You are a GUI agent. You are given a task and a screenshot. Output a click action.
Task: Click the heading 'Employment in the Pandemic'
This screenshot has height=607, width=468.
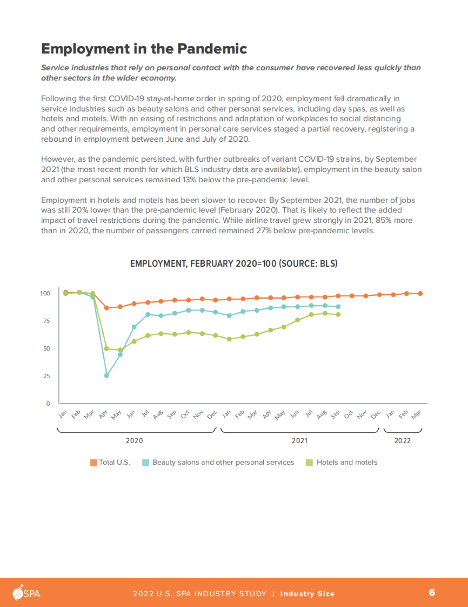pyautogui.click(x=144, y=49)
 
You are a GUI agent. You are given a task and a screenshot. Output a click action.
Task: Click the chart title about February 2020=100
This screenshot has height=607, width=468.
pyautogui.click(x=234, y=263)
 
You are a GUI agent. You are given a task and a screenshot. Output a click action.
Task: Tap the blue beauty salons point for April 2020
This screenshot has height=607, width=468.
pyautogui.click(x=106, y=376)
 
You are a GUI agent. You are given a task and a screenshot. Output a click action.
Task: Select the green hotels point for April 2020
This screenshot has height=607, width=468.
pyautogui.click(x=106, y=349)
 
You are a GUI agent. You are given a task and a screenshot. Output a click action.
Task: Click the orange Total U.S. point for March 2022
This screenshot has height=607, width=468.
pyautogui.click(x=420, y=294)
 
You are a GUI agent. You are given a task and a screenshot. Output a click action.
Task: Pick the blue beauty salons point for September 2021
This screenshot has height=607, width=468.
pyautogui.click(x=338, y=307)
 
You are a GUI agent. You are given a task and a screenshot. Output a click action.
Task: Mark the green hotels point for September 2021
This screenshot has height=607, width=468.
pyautogui.click(x=338, y=315)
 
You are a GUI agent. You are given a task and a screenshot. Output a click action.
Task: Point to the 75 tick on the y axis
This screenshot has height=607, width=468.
pyautogui.click(x=46, y=321)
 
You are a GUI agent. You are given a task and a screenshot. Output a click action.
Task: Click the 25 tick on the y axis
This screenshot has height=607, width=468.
pyautogui.click(x=46, y=376)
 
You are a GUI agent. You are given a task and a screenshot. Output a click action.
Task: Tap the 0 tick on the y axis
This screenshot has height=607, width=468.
pyautogui.click(x=48, y=404)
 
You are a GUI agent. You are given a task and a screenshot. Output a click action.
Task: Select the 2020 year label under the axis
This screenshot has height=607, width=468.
pyautogui.click(x=134, y=441)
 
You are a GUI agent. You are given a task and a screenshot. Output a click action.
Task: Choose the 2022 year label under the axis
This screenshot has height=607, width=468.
pyautogui.click(x=402, y=441)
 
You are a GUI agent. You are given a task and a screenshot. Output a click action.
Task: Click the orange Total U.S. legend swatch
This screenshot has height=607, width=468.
pyautogui.click(x=94, y=463)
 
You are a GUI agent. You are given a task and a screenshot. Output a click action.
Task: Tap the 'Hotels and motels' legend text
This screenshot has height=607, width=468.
pyautogui.click(x=347, y=463)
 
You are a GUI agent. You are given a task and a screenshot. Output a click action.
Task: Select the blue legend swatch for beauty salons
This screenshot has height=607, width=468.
pyautogui.click(x=145, y=463)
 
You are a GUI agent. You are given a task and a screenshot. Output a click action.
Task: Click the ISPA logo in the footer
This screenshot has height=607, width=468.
pyautogui.click(x=27, y=593)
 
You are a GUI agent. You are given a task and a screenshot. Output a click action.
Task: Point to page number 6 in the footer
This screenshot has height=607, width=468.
pyautogui.click(x=432, y=593)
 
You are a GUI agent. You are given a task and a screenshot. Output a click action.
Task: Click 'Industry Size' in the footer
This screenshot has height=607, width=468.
pyautogui.click(x=307, y=594)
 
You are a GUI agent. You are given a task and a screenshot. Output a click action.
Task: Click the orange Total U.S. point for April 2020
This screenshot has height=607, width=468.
pyautogui.click(x=106, y=308)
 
